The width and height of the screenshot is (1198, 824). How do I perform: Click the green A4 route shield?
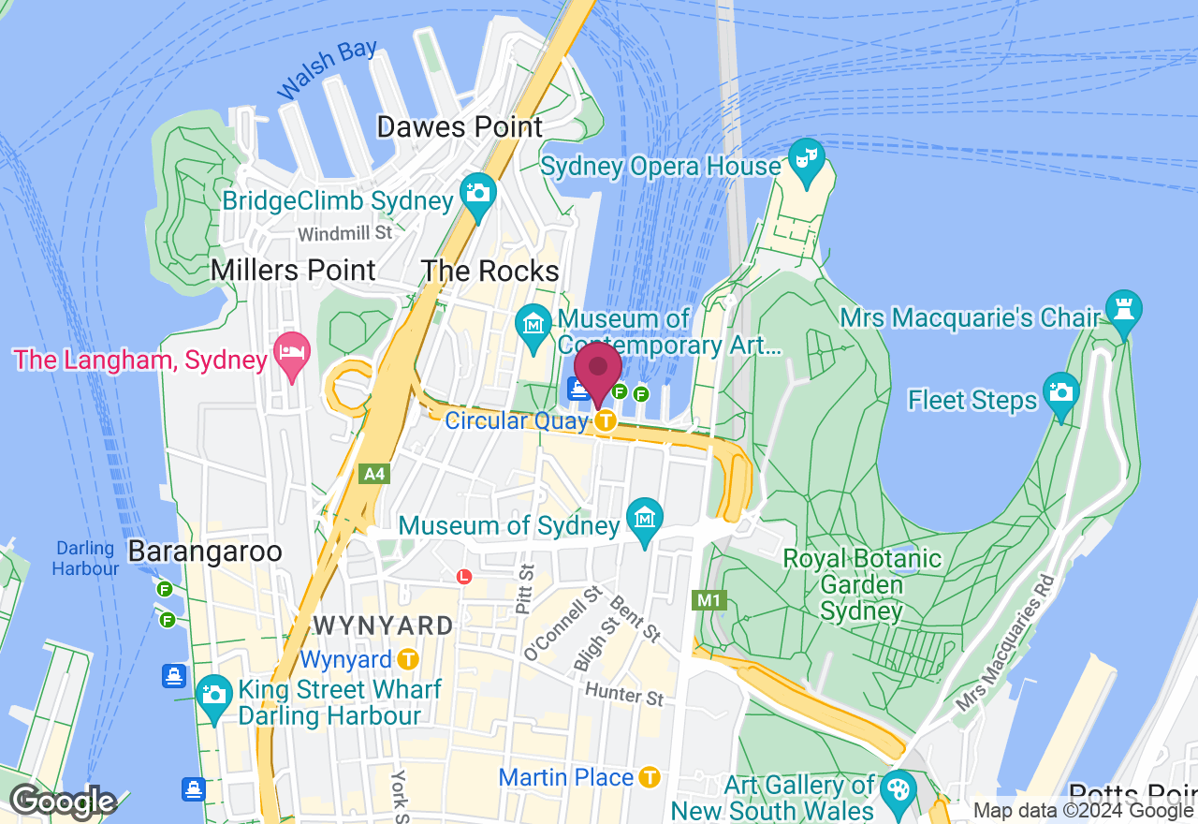[x=374, y=474]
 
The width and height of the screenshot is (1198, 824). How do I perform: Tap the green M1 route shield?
[x=709, y=599]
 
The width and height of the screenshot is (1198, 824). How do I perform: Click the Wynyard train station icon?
[x=407, y=659]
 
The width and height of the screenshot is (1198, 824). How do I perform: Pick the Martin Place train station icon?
[x=650, y=777]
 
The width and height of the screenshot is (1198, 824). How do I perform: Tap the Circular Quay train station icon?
[x=606, y=421]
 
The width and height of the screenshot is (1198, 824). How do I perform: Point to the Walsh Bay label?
[x=327, y=69]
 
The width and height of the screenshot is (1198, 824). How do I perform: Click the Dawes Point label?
[x=460, y=127]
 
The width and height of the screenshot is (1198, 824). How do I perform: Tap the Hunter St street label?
[x=624, y=694]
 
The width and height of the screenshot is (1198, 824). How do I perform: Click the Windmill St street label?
[x=345, y=232]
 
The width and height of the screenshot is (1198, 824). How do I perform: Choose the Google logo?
[x=63, y=802]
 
